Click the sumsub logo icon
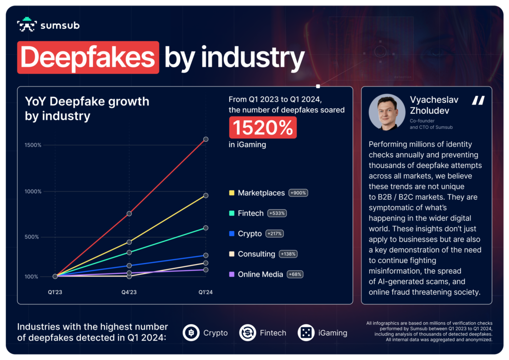coord(26,25)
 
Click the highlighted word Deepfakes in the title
coord(88,58)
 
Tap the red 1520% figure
coord(262,128)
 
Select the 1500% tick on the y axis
coord(34,145)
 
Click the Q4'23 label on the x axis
coord(129,292)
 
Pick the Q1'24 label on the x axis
coord(205,292)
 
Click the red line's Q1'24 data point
coord(206,139)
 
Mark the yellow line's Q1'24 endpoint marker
coord(206,195)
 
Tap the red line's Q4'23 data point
coord(129,214)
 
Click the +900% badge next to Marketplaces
coord(298,193)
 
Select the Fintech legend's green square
coord(232,213)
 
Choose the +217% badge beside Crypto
coord(275,234)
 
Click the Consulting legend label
coord(256,254)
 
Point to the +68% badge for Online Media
coord(295,274)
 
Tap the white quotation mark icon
coord(478,100)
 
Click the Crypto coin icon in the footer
coord(191,333)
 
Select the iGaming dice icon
coord(306,333)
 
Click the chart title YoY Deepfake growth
coord(87,101)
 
